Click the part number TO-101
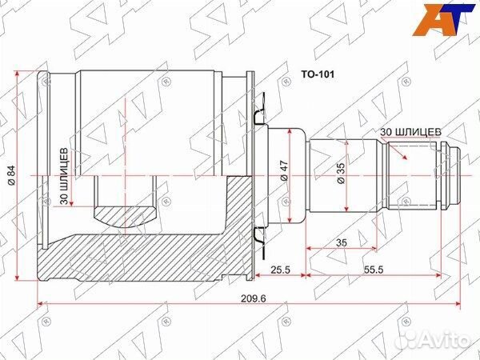click(318, 74)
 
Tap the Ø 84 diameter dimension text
click(12, 175)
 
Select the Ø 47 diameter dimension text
click(284, 171)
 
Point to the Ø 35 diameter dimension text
click(341, 174)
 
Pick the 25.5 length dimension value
click(281, 270)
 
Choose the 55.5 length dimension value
click(374, 270)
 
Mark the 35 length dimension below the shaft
click(342, 242)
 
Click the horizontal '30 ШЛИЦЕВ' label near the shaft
click(411, 132)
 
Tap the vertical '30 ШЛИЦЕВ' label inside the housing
click(64, 176)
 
